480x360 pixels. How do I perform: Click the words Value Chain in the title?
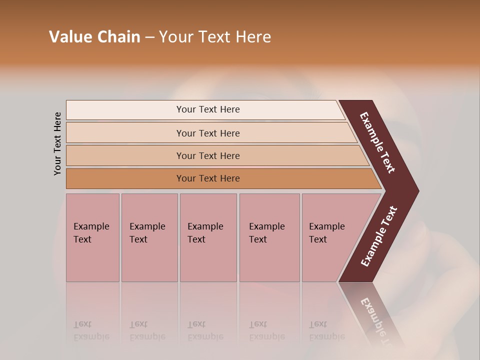pyautogui.click(x=94, y=37)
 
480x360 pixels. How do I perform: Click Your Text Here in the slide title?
pyautogui.click(x=215, y=37)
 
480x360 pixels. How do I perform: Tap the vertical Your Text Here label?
pyautogui.click(x=58, y=143)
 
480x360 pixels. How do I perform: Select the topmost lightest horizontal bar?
pyautogui.click(x=207, y=109)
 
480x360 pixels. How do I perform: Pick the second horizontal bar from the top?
pyautogui.click(x=207, y=133)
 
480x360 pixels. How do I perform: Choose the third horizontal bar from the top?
pyautogui.click(x=207, y=155)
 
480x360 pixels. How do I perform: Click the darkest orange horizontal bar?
pyautogui.click(x=207, y=178)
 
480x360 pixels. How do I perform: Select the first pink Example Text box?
pyautogui.click(x=92, y=237)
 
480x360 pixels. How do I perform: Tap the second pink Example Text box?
pyautogui.click(x=149, y=237)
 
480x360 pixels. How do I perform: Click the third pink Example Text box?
pyautogui.click(x=207, y=237)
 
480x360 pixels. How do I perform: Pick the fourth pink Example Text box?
pyautogui.click(x=269, y=237)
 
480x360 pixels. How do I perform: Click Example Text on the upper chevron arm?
pyautogui.click(x=377, y=142)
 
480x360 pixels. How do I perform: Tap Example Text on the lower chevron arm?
pyautogui.click(x=378, y=236)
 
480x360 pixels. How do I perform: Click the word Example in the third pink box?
pyautogui.click(x=205, y=226)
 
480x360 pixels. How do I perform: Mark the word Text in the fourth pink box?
pyautogui.click(x=258, y=239)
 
